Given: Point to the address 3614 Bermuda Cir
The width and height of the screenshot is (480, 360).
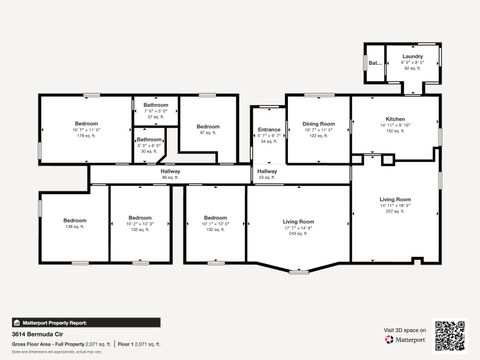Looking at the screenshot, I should [x=33, y=335].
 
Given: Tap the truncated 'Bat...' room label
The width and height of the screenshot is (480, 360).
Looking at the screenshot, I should [x=375, y=62].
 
